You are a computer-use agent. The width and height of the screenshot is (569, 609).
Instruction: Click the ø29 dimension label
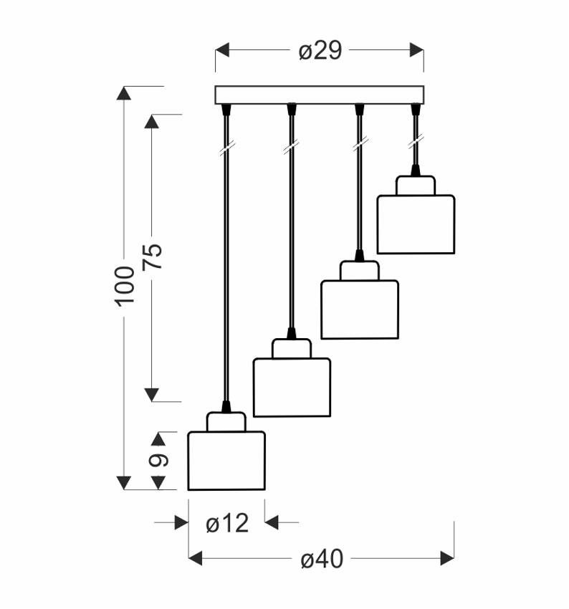coord(320,51)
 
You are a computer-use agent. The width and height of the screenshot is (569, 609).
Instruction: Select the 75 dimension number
coord(152,256)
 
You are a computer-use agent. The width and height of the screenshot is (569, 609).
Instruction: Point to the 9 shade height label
coord(158,460)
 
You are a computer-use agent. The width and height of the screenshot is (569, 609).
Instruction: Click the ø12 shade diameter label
coord(227,523)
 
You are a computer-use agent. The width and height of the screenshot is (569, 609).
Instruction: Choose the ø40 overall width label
coord(322,559)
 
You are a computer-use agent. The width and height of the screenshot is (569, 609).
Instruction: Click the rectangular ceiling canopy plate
coord(320,95)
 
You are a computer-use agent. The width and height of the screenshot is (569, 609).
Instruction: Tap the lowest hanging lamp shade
coord(226,461)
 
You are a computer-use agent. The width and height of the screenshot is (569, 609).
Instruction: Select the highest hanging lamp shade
coord(416,224)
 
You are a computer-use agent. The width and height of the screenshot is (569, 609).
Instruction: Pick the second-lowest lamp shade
coord(292,388)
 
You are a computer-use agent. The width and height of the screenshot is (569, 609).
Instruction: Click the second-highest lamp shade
coord(360,310)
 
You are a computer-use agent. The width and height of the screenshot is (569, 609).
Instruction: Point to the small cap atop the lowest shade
coord(226,422)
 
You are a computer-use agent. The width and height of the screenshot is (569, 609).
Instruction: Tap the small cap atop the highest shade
coord(416,186)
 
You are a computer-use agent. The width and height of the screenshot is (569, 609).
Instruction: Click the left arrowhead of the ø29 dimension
coord(222,50)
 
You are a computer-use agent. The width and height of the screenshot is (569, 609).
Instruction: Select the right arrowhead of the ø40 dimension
coord(447,559)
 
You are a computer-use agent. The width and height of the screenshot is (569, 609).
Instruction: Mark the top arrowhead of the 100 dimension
coord(124,93)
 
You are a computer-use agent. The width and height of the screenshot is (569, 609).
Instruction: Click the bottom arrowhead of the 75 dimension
coord(151,395)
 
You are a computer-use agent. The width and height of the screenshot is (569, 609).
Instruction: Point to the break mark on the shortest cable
coord(416,143)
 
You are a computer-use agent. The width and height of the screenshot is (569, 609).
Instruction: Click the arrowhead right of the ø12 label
coord(272,522)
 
